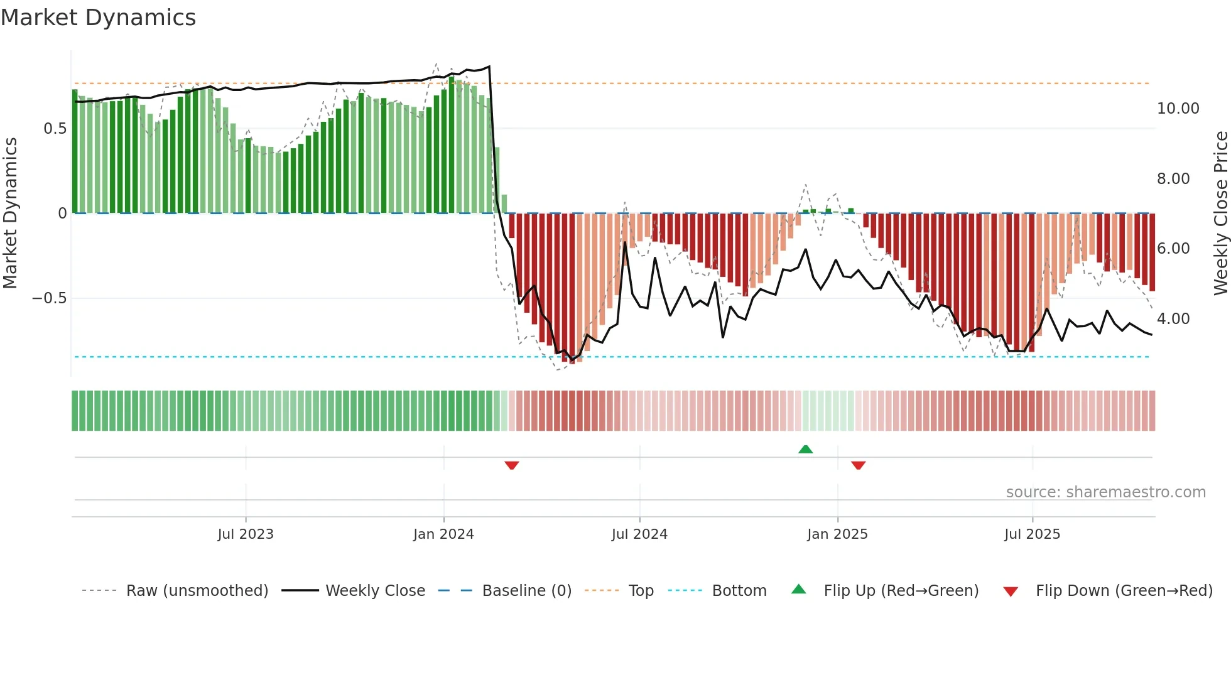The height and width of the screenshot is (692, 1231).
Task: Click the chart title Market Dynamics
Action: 99,18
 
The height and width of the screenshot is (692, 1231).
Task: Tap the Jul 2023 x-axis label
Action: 246,534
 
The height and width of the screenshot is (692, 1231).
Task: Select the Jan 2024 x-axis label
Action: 443,534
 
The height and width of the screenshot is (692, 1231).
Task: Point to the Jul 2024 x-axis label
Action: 639,534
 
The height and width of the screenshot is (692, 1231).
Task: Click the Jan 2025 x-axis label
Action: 837,534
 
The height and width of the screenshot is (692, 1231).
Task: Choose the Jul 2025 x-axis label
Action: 1032,534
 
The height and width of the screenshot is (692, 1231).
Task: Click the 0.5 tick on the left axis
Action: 55,129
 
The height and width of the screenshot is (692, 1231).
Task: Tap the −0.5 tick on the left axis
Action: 50,298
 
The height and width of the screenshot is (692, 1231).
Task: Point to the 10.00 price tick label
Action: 1178,109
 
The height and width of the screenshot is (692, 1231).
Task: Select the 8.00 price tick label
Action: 1173,179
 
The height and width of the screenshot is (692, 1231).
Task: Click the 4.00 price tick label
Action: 1173,319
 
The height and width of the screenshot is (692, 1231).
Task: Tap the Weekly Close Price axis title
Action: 1220,214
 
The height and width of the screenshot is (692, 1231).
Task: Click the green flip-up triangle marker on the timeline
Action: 805,449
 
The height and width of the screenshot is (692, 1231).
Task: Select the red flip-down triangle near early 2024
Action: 511,465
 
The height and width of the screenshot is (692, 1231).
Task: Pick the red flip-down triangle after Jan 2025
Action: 858,465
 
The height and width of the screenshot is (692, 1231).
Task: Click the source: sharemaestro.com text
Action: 1105,492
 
